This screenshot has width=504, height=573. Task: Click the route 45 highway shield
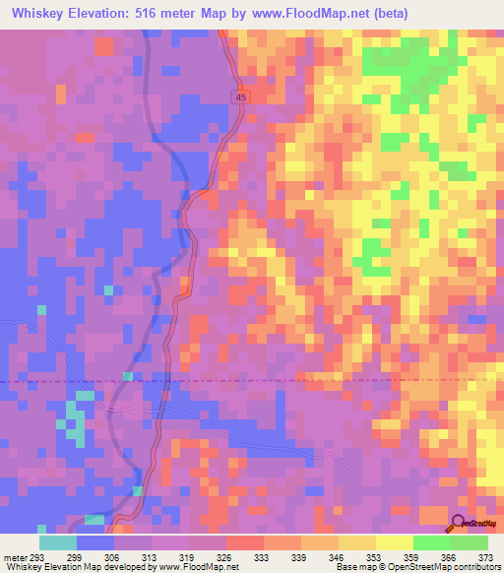(x=241, y=95)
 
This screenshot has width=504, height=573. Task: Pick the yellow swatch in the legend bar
(x=394, y=541)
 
